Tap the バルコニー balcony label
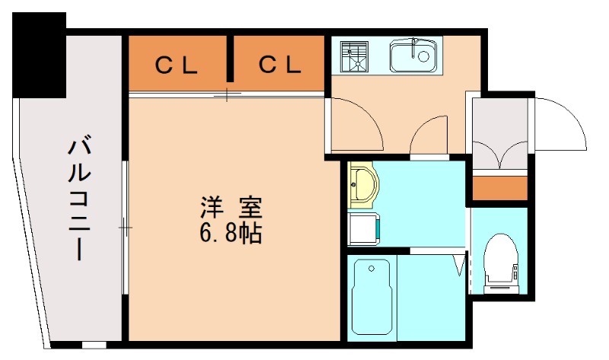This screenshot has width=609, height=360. click(80, 197)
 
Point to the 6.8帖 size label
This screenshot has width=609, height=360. click(231, 233)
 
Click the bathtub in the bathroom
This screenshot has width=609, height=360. click(372, 296)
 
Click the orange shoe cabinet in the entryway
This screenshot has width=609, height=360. click(498, 187)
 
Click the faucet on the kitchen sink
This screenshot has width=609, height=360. click(414, 46)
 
